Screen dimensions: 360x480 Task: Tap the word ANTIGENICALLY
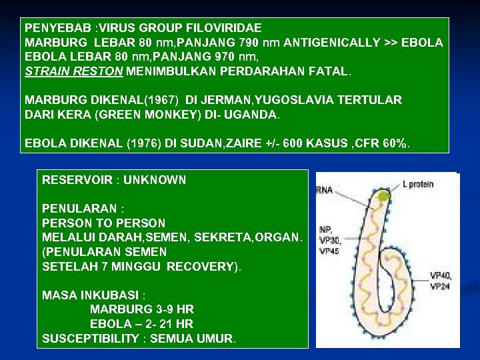pyautogui.click(x=331, y=43)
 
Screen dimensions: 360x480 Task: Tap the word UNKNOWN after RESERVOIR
pyautogui.click(x=155, y=180)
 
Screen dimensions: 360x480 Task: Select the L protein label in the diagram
pyautogui.click(x=418, y=184)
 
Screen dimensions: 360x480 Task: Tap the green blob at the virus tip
pyautogui.click(x=384, y=196)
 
